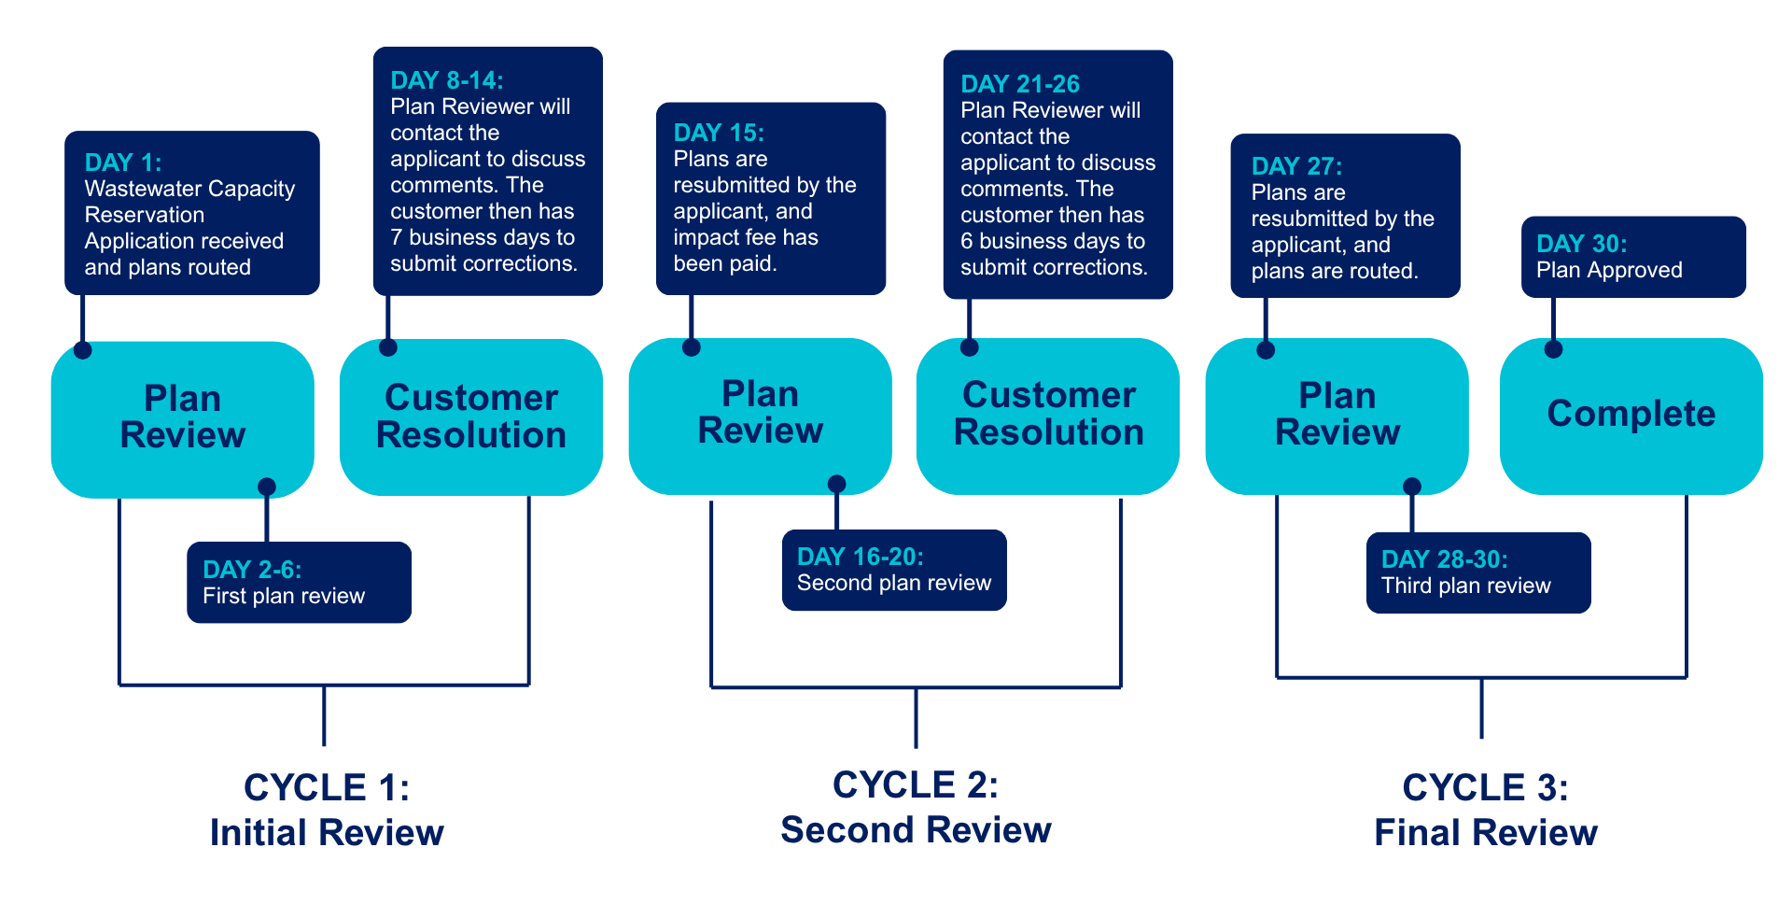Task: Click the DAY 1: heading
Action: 123,162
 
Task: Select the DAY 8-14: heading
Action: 447,80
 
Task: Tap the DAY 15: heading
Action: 719,133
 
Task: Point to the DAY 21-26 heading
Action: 1020,84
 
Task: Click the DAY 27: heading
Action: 1297,166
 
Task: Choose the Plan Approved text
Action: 1609,270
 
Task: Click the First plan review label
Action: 284,596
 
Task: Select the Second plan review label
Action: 894,583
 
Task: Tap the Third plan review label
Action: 1466,586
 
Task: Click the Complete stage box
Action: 1631,417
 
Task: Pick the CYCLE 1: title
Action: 327,787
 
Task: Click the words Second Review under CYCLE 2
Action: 916,829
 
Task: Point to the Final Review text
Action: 1486,832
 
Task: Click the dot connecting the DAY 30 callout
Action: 1553,349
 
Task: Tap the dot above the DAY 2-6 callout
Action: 267,487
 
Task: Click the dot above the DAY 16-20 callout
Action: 837,484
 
